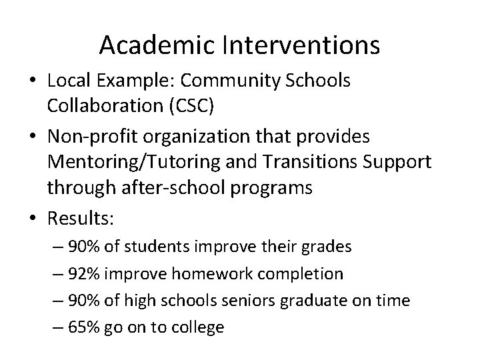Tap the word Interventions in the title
coord(298,45)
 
